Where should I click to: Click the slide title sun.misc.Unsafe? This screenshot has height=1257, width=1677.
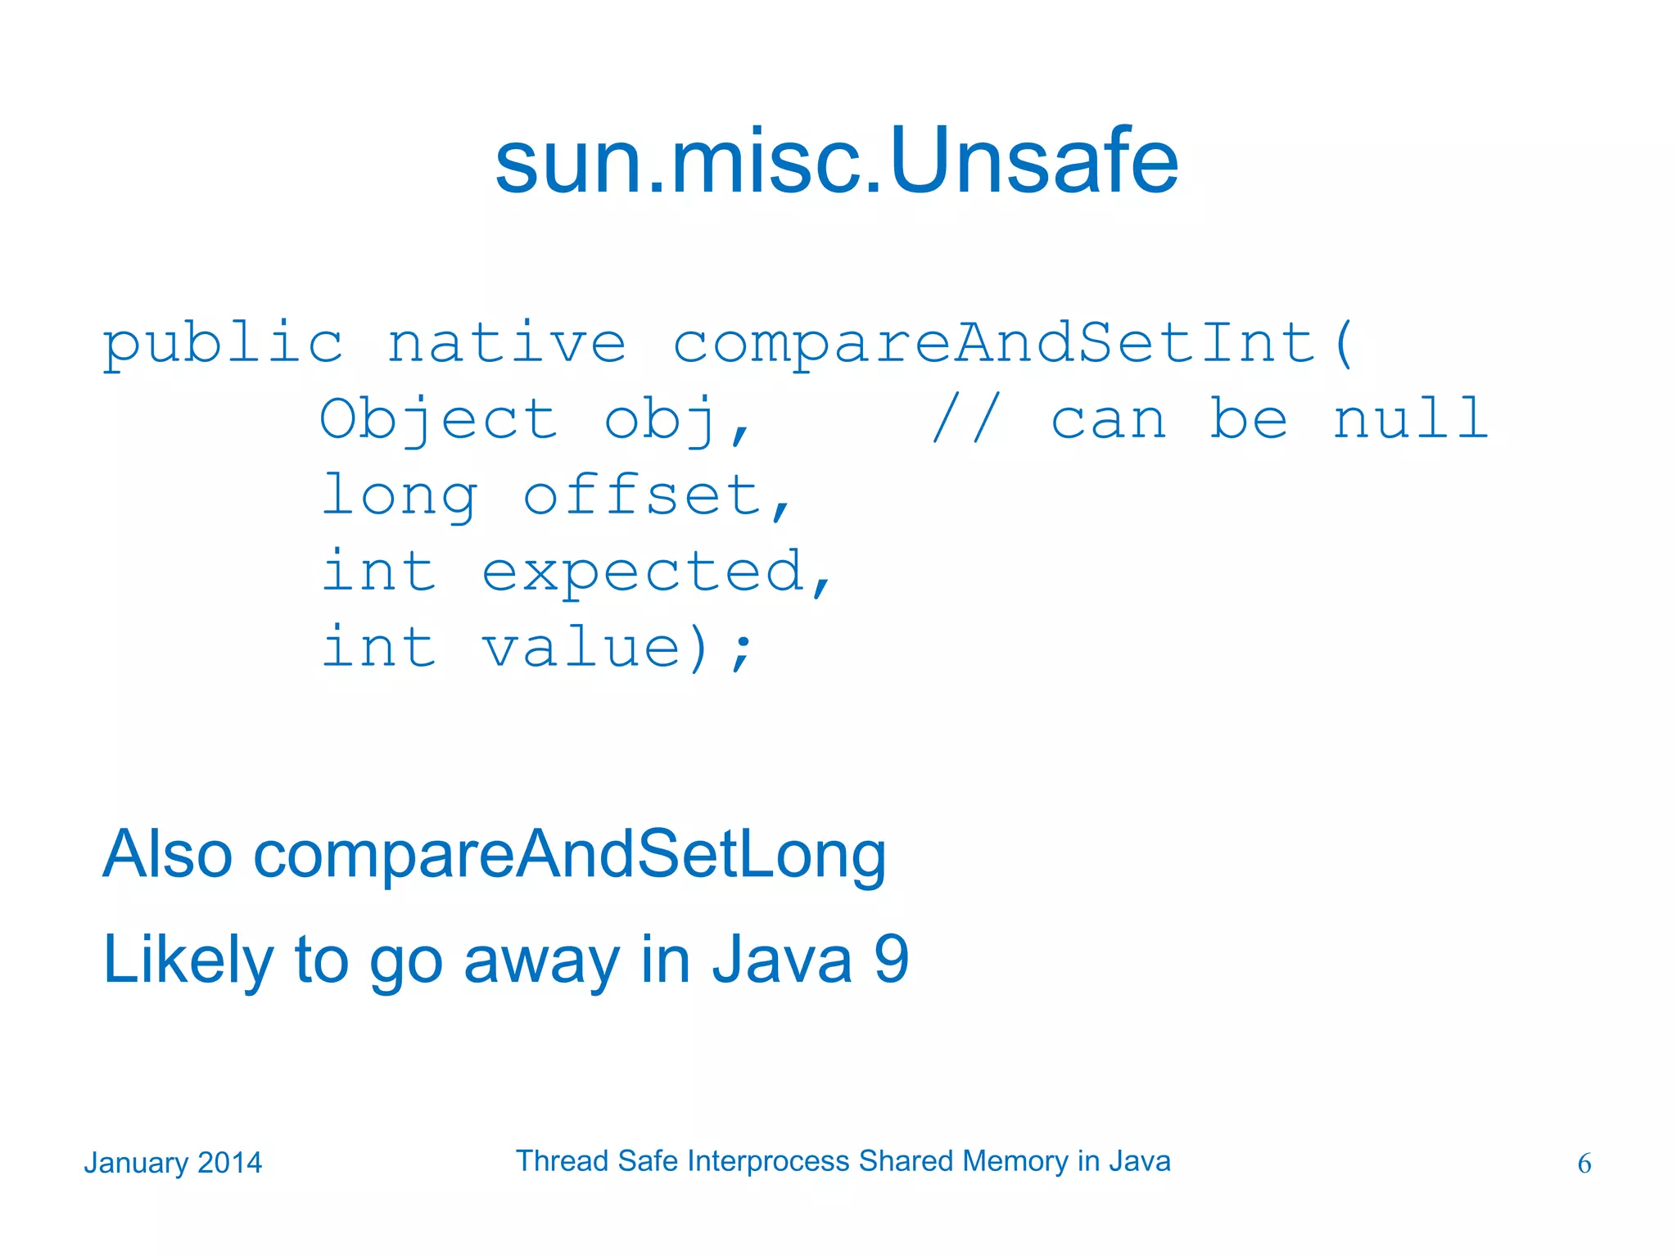[837, 161]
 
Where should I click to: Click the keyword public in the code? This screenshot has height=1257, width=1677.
[223, 344]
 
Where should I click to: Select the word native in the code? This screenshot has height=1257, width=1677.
[507, 344]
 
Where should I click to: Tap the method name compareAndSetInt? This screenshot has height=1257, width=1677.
[994, 344]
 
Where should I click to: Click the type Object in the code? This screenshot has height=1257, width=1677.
[438, 420]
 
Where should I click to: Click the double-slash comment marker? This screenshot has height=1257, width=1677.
[966, 418]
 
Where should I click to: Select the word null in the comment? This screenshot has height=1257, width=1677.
[1410, 418]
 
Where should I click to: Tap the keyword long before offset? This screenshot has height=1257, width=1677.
[399, 496]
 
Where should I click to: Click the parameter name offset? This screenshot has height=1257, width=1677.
[643, 496]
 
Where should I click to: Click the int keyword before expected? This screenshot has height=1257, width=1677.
[378, 571]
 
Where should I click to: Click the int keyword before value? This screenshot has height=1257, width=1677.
[378, 647]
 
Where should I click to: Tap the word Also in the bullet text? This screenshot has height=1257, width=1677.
[168, 854]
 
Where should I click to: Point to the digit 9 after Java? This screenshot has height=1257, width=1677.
[892, 960]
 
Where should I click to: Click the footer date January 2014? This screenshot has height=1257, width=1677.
[173, 1163]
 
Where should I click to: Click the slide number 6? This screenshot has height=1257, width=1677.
[1584, 1164]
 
